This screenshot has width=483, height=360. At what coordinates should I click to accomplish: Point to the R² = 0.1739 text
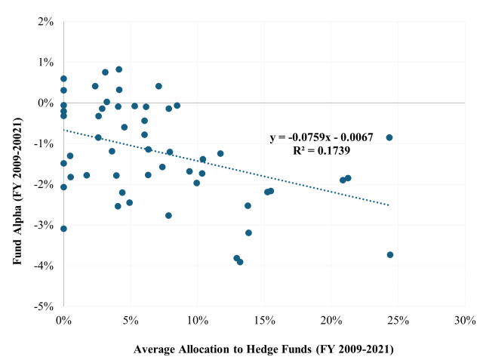[321, 151]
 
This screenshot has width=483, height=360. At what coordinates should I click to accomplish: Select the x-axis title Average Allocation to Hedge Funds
[263, 349]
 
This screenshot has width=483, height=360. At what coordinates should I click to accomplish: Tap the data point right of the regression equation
[389, 137]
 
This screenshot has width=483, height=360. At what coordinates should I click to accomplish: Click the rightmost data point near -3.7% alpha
[390, 255]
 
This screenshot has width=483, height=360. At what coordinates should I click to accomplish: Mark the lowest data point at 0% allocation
[63, 229]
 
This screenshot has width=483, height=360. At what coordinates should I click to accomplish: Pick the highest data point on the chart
[118, 69]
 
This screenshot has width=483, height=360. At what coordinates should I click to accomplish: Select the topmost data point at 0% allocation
[63, 78]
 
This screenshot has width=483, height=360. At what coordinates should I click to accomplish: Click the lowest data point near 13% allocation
[240, 262]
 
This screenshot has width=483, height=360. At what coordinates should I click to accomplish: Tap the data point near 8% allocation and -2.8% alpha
[168, 216]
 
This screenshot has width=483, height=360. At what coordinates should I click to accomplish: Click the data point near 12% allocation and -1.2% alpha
[220, 153]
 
